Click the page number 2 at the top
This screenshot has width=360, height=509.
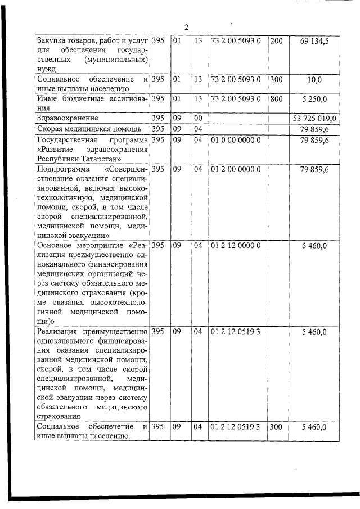(186, 27)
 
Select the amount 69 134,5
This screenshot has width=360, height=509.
(318, 41)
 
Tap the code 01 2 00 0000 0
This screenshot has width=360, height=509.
(235, 169)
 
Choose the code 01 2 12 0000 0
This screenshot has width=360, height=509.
(235, 245)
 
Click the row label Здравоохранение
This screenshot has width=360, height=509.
(67, 119)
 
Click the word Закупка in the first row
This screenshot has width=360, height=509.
(49, 41)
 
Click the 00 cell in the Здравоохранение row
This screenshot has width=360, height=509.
(197, 119)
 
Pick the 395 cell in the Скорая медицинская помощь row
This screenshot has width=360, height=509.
(158, 129)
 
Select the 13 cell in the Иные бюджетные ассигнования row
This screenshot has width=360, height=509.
(197, 99)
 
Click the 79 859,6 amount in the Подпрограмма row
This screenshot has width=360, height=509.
(318, 169)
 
